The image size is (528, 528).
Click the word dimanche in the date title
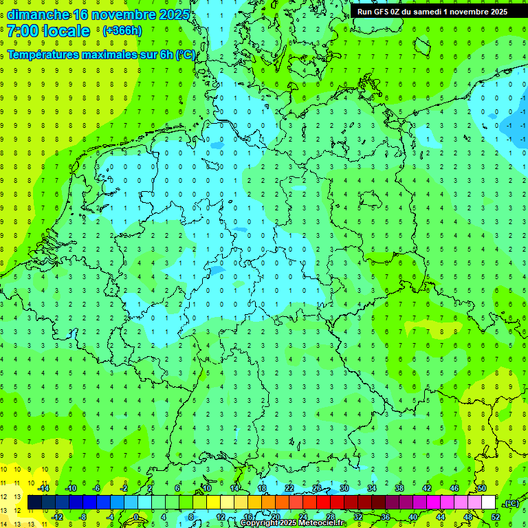point(38,14)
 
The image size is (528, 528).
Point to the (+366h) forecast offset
point(122,31)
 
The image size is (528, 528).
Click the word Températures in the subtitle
point(43,54)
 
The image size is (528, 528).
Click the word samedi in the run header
point(429,11)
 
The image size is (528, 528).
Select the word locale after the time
point(66,31)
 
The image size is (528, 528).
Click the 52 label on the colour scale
point(496,517)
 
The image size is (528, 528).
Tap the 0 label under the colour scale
point(136,517)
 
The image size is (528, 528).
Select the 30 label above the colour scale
point(344,487)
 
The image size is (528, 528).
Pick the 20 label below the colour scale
point(275,517)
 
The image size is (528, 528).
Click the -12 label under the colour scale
point(57,517)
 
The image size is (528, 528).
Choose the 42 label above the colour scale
point(427,487)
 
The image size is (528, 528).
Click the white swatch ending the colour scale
point(488,502)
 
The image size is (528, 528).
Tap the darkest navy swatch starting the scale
point(34,502)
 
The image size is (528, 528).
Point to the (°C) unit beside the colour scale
point(511,503)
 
